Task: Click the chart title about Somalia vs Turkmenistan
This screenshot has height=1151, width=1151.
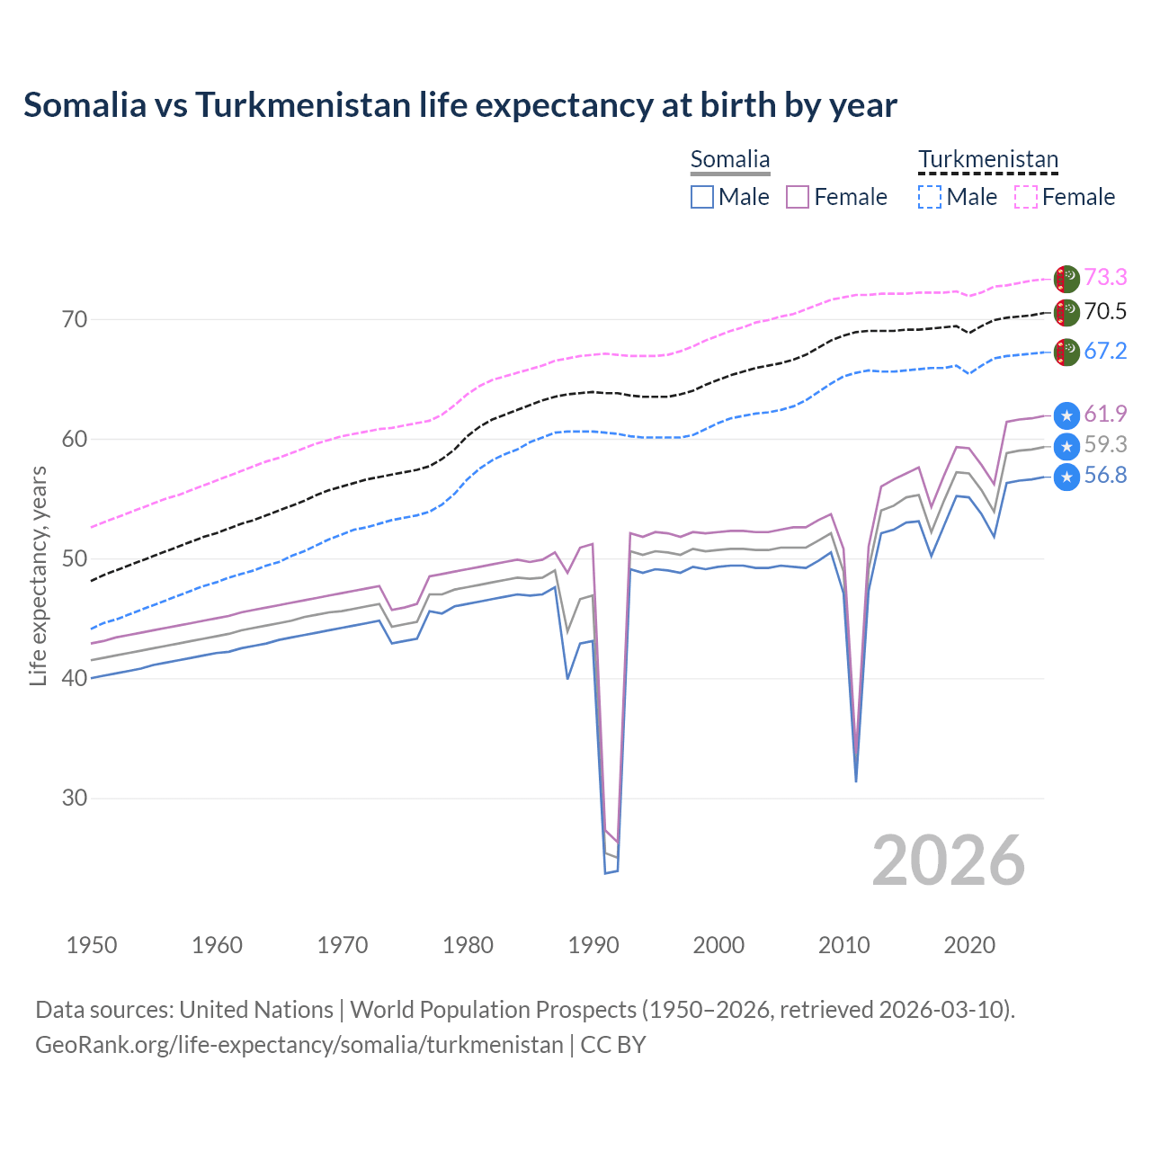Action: (x=460, y=105)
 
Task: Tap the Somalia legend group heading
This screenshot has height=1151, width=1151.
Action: (x=730, y=160)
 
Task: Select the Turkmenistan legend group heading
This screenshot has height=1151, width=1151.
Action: (x=987, y=160)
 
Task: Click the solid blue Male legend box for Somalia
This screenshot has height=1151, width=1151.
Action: (x=702, y=197)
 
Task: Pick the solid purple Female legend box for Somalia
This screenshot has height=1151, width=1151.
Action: (x=798, y=197)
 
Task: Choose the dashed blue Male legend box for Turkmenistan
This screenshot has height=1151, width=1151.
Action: (x=930, y=197)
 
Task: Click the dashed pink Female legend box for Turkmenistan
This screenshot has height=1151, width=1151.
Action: (x=1026, y=197)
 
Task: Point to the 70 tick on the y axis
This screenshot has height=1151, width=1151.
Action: (x=75, y=320)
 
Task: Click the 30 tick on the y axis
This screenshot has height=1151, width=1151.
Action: (x=75, y=799)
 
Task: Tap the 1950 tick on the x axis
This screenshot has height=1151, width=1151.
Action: (x=92, y=945)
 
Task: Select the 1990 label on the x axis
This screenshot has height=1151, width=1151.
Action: (x=593, y=945)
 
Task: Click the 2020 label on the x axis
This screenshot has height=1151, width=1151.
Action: (x=969, y=945)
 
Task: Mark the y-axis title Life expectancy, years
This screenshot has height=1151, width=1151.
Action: (x=38, y=575)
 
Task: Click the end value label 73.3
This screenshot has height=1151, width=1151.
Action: (x=1105, y=277)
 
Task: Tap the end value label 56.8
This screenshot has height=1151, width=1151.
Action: (x=1105, y=476)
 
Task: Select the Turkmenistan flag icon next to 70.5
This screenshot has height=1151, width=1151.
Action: (x=1066, y=313)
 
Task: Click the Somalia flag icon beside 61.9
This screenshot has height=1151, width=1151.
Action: (x=1066, y=415)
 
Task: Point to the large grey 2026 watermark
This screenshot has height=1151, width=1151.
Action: (x=948, y=861)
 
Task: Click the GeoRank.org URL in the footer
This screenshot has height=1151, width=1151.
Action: (x=299, y=1045)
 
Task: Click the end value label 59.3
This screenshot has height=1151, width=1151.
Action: (x=1105, y=444)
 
